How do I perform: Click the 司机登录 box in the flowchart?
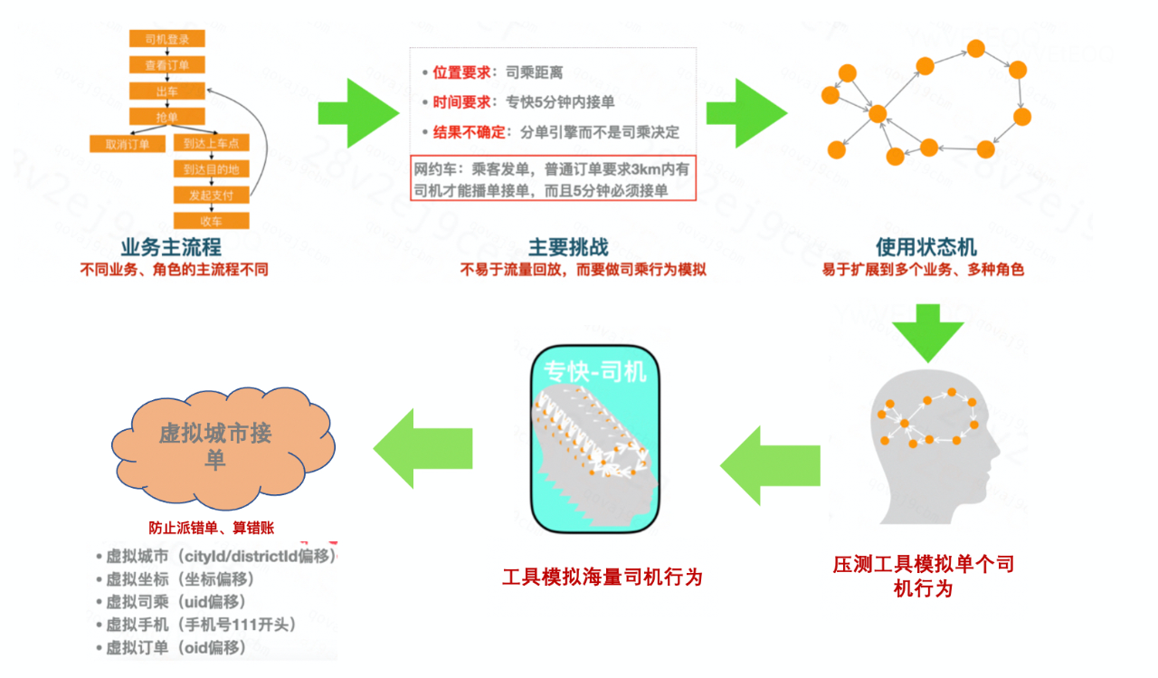pyautogui.click(x=166, y=38)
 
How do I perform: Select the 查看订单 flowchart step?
pyautogui.click(x=166, y=64)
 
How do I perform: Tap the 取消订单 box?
pyautogui.click(x=127, y=143)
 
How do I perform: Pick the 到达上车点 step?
pyautogui.click(x=211, y=143)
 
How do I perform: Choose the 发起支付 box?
pyautogui.click(x=211, y=195)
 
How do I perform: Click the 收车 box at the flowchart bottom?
pyautogui.click(x=211, y=221)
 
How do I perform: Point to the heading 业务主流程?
pyautogui.click(x=172, y=247)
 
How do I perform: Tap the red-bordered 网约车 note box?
pyautogui.click(x=553, y=179)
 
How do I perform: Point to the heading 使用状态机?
pyautogui.click(x=925, y=247)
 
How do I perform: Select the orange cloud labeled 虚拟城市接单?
pyautogui.click(x=218, y=446)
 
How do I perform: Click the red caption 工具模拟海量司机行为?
pyautogui.click(x=602, y=577)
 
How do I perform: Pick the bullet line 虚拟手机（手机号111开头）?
pyautogui.click(x=201, y=625)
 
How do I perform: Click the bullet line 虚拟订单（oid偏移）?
pyautogui.click(x=176, y=647)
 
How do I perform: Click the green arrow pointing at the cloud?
pyautogui.click(x=422, y=448)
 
